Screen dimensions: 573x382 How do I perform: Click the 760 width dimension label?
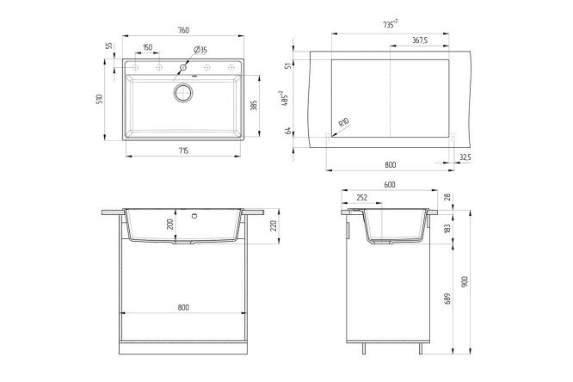(x=183, y=30)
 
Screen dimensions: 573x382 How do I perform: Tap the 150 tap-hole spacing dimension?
(x=148, y=47)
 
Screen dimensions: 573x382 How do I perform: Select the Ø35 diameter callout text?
(x=200, y=49)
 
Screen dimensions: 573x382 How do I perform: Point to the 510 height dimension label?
(x=100, y=99)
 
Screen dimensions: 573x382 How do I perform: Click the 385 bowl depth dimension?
(x=255, y=105)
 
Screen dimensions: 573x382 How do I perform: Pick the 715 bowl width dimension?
(x=183, y=151)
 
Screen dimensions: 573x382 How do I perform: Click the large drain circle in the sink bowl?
(x=183, y=93)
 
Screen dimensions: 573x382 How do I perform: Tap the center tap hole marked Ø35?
(x=183, y=67)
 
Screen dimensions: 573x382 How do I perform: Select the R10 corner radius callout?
(x=344, y=122)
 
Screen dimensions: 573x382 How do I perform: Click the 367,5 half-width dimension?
(x=420, y=40)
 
